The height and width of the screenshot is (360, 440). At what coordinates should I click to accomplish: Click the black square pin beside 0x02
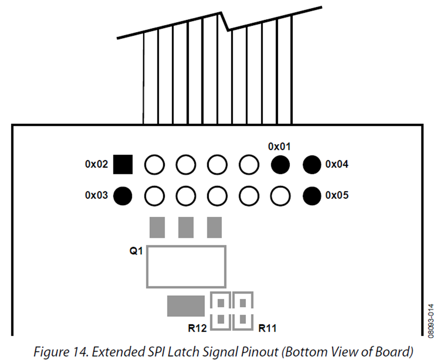(x=123, y=164)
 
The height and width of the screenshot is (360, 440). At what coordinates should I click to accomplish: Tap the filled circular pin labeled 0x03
(x=123, y=196)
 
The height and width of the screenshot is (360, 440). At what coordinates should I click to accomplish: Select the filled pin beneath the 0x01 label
(x=280, y=165)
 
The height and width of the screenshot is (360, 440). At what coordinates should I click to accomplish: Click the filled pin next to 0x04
(x=312, y=165)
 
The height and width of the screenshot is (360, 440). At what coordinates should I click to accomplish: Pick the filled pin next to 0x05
(x=312, y=196)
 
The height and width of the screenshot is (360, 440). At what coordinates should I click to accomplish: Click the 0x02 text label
(x=96, y=164)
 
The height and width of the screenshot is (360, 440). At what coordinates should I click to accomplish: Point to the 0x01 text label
(x=280, y=147)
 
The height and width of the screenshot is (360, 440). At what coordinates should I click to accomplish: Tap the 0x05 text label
(x=337, y=195)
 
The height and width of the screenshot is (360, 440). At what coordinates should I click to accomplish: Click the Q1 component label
(x=136, y=251)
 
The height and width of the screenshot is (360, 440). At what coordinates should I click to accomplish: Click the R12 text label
(x=198, y=328)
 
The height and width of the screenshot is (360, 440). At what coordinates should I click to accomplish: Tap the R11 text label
(x=267, y=328)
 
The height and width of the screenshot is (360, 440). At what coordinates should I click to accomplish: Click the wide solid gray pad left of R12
(x=186, y=306)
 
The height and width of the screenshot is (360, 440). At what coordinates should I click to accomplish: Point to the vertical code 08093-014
(x=431, y=321)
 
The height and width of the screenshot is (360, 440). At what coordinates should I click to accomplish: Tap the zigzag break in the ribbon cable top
(x=225, y=21)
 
